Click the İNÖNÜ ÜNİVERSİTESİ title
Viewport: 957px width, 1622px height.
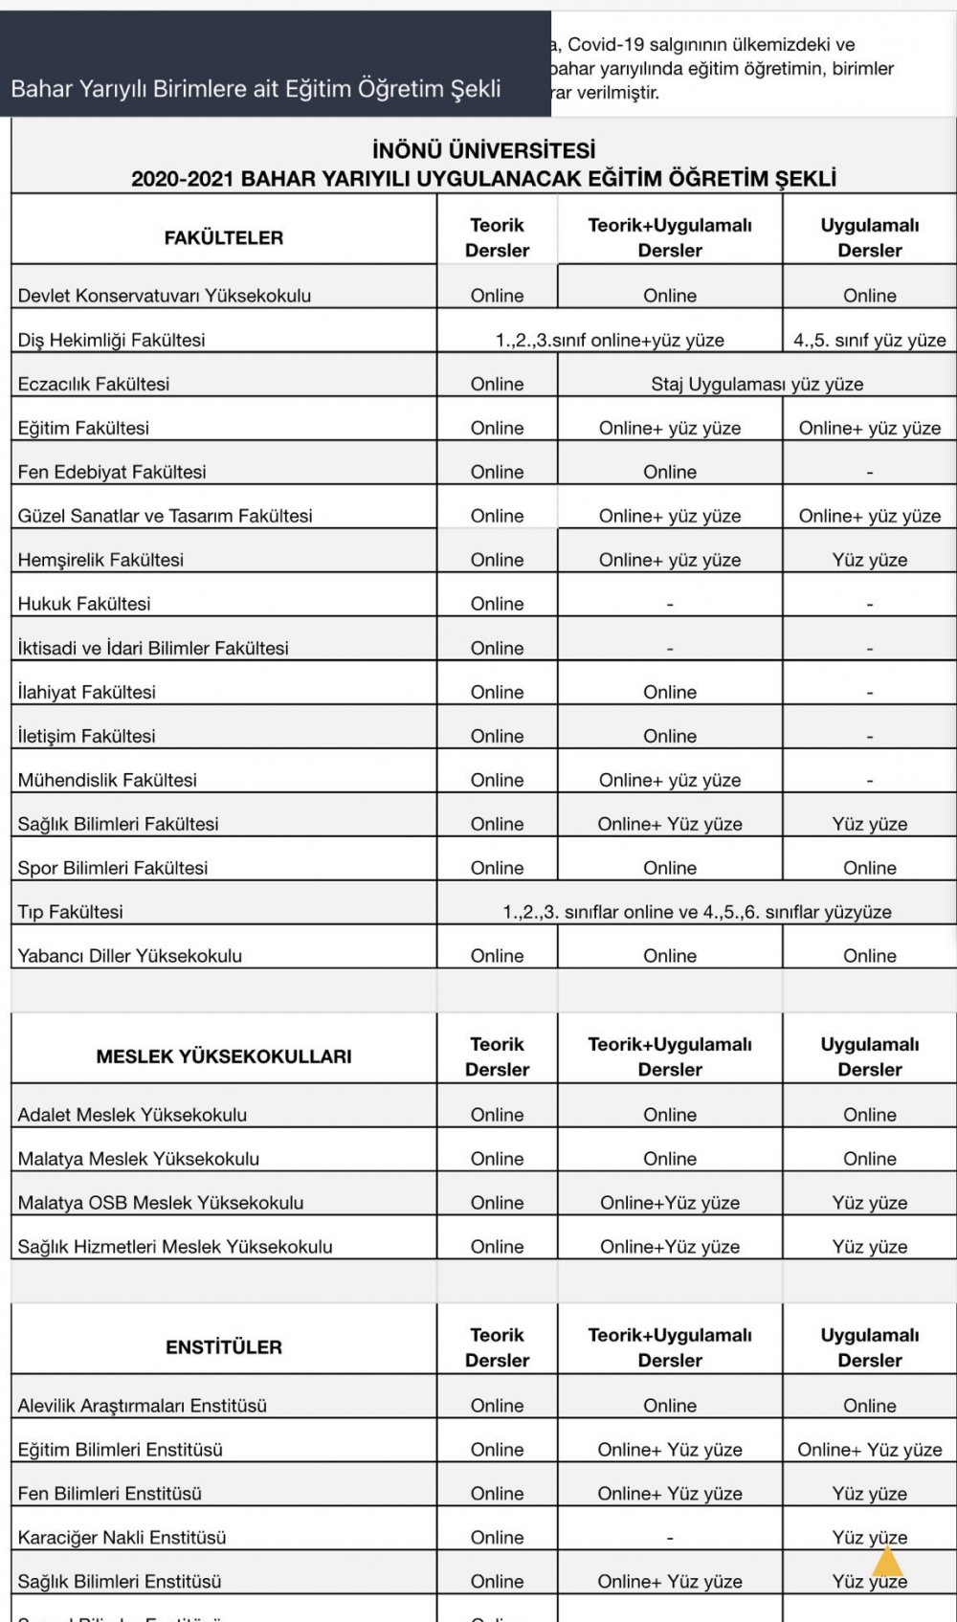(483, 150)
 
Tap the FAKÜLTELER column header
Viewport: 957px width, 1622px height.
(224, 237)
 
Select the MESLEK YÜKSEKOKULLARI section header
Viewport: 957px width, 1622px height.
(224, 1056)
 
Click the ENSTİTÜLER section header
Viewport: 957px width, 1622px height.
(224, 1347)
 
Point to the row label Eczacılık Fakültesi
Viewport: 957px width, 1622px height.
(94, 384)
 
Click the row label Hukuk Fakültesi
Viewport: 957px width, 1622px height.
(84, 604)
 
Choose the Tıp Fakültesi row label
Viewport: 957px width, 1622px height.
(71, 912)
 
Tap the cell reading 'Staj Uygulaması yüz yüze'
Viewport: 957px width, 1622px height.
(757, 384)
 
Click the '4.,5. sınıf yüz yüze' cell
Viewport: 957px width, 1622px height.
(869, 340)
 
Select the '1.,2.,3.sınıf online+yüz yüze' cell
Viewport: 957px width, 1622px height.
(610, 340)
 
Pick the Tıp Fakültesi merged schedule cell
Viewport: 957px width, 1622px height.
(697, 912)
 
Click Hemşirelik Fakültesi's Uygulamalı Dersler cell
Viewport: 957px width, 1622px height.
(869, 560)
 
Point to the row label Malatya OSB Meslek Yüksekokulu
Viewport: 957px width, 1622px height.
(161, 1203)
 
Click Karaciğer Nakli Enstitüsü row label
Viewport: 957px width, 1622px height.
(122, 1538)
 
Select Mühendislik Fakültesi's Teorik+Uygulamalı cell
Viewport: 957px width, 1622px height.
(670, 780)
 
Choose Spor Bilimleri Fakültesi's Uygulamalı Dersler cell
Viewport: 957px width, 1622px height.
(869, 868)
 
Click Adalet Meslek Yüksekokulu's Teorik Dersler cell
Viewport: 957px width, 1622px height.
(497, 1115)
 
